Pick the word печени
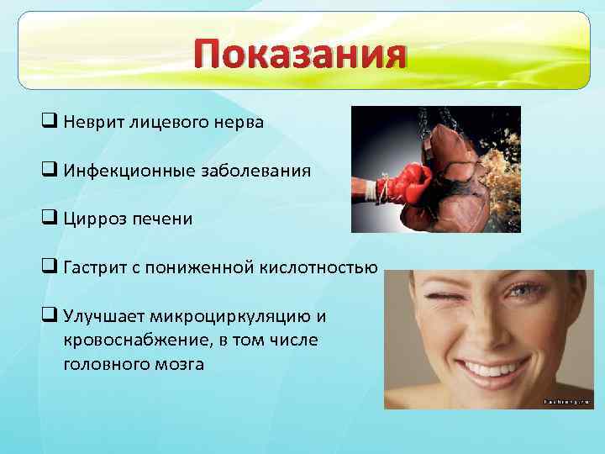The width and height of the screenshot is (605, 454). pyautogui.click(x=163, y=219)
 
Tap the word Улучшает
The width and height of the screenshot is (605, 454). pyautogui.click(x=103, y=316)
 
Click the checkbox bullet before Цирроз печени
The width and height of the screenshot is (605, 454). pyautogui.click(x=48, y=219)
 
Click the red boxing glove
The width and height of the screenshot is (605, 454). pyautogui.click(x=405, y=182)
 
